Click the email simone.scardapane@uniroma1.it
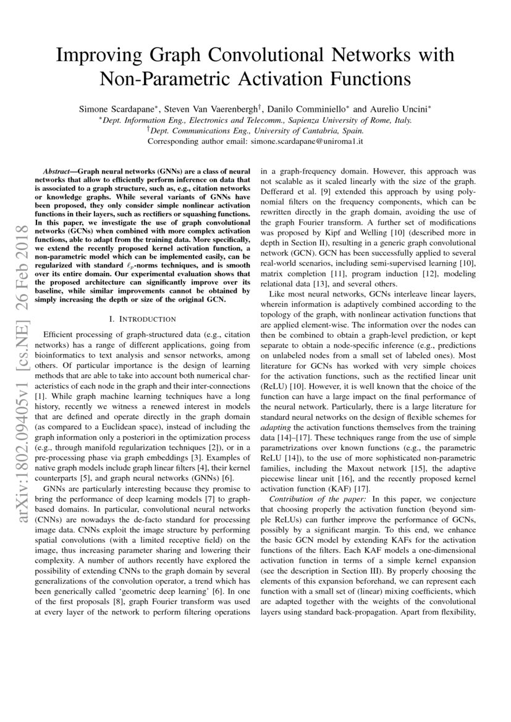pyautogui.click(x=306, y=141)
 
